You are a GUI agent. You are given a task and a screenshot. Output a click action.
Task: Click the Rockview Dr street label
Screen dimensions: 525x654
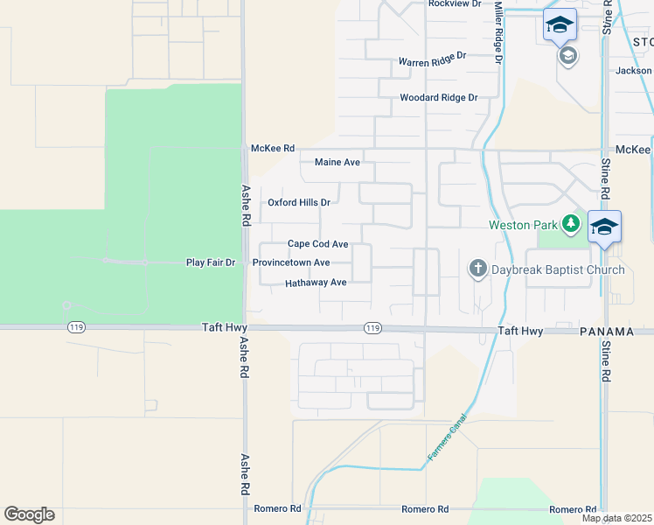click(x=454, y=3)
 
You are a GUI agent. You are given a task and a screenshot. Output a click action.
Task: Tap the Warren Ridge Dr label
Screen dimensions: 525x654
click(x=433, y=62)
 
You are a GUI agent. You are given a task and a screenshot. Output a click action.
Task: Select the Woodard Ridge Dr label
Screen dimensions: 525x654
click(x=439, y=98)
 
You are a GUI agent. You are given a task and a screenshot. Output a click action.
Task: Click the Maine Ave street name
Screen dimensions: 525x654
click(x=337, y=163)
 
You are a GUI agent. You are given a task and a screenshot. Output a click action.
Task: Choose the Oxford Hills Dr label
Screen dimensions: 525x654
click(x=299, y=202)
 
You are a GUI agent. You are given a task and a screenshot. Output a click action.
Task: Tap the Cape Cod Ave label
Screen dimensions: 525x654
click(x=318, y=244)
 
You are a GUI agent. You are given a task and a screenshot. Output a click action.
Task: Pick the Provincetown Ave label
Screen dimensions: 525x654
click(x=291, y=262)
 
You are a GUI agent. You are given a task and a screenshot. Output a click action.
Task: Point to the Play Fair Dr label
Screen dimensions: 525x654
click(x=211, y=262)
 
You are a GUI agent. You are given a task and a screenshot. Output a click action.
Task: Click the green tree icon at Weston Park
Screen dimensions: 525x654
click(x=571, y=224)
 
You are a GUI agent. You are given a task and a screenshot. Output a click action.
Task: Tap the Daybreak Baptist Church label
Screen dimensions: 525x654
click(x=558, y=269)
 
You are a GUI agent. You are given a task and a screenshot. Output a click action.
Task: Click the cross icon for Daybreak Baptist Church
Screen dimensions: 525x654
click(x=477, y=269)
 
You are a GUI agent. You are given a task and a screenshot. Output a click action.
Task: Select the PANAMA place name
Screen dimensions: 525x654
click(x=607, y=332)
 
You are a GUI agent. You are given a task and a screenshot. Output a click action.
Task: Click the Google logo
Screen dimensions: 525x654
click(x=29, y=514)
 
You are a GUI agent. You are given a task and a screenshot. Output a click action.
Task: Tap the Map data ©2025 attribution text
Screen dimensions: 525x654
click(x=617, y=518)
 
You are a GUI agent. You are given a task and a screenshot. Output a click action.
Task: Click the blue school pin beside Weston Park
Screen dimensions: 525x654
click(x=604, y=227)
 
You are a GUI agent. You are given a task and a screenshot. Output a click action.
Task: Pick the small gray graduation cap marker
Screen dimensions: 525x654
click(x=567, y=57)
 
